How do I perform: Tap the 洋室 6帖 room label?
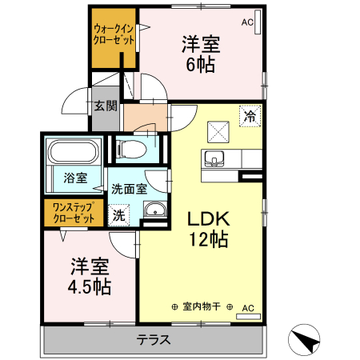click(x=200, y=54)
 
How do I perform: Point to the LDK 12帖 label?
click(x=209, y=227)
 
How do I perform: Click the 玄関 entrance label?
click(x=105, y=105)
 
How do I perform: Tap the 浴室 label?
click(x=76, y=178)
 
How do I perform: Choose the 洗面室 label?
click(x=128, y=190)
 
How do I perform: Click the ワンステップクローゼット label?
click(x=74, y=212)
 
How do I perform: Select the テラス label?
click(x=154, y=338)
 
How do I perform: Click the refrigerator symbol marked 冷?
click(x=250, y=116)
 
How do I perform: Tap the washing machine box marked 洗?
click(x=118, y=214)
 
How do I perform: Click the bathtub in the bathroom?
click(x=74, y=151)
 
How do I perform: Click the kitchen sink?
click(x=214, y=158)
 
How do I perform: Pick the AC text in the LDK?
click(x=248, y=306)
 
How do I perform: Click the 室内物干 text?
click(x=202, y=306)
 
